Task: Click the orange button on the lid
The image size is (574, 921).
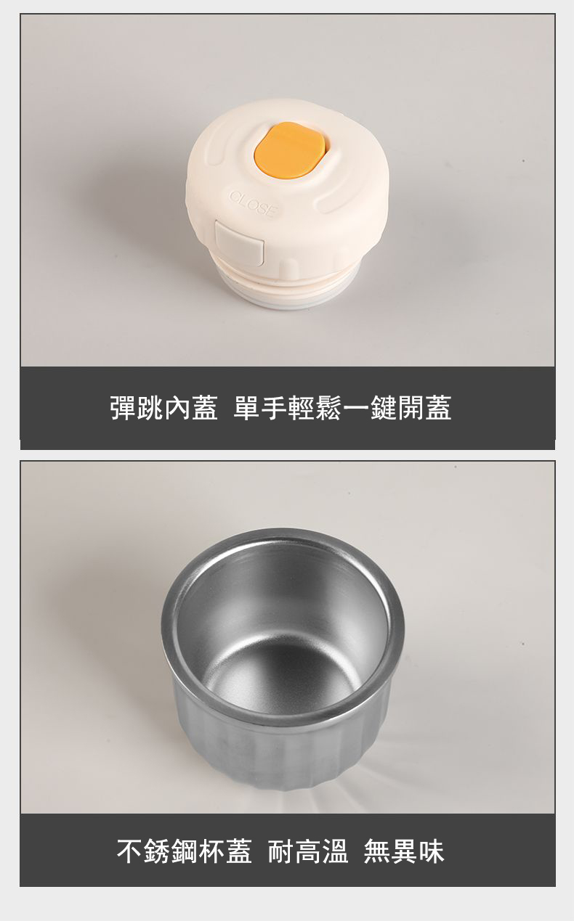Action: pyautogui.click(x=290, y=150)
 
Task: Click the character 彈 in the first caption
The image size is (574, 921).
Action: pyautogui.click(x=123, y=407)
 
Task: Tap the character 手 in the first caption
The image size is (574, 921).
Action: pyautogui.click(x=274, y=407)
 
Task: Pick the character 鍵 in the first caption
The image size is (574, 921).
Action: pyautogui.click(x=384, y=407)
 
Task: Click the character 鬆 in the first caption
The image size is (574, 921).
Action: pyautogui.click(x=328, y=407)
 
